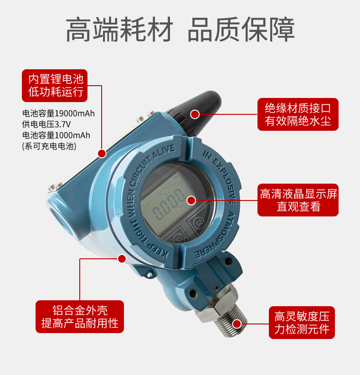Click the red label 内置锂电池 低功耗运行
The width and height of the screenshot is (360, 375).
(x=55, y=86)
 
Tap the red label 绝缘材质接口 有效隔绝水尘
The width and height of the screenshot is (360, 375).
(x=298, y=114)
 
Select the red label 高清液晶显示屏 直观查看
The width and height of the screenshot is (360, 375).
(x=298, y=200)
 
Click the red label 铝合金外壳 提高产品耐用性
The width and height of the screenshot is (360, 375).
(x=80, y=317)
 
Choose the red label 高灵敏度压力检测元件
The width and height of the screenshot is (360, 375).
(x=302, y=323)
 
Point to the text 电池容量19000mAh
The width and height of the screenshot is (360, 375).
(x=58, y=113)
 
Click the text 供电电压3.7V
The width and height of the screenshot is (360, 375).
(x=46, y=124)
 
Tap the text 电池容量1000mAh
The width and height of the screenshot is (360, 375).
(x=56, y=135)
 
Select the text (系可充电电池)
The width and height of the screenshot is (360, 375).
(x=49, y=146)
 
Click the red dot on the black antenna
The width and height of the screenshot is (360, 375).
(x=195, y=114)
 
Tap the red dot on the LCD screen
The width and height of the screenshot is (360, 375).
(x=191, y=200)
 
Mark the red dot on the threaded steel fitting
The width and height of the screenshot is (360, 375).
(x=237, y=324)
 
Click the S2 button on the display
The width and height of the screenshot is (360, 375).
(x=199, y=223)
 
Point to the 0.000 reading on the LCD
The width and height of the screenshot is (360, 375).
(x=169, y=203)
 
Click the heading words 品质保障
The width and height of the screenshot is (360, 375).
(x=241, y=29)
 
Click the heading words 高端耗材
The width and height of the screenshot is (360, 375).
(x=119, y=29)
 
